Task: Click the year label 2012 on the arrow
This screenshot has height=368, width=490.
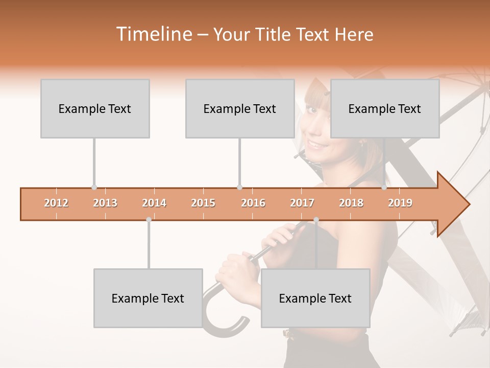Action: [56, 203]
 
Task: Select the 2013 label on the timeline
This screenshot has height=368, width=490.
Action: [105, 203]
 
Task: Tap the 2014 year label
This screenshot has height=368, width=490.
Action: [154, 203]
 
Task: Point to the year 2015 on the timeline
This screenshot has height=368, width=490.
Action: [203, 203]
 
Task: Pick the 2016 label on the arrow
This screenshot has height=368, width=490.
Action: [253, 203]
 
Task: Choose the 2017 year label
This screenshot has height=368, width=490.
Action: [302, 203]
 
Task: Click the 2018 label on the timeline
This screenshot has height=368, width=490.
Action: [351, 203]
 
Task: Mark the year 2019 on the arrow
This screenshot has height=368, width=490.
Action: [400, 203]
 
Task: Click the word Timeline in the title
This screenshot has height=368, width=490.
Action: [153, 34]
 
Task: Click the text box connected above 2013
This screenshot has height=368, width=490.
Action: [95, 108]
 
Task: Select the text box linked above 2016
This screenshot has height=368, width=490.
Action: [240, 108]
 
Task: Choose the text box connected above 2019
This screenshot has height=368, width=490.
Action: [385, 108]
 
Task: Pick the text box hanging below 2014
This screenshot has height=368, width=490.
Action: [148, 298]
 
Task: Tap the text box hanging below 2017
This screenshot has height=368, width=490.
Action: [315, 298]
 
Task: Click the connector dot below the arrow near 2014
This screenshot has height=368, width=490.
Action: [149, 219]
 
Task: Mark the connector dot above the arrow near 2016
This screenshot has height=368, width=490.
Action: [239, 188]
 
